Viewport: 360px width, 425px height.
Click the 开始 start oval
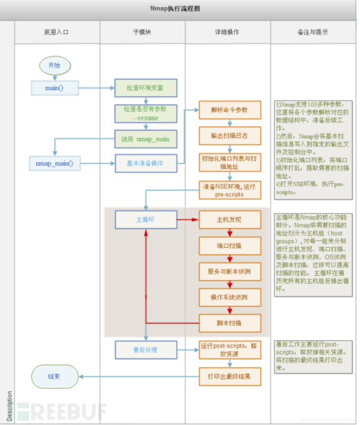(54, 65)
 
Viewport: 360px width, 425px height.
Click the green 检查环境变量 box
(145, 88)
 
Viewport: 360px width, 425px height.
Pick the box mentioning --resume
(145, 113)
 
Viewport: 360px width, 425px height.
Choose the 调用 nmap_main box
(145, 138)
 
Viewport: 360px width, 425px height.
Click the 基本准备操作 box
(145, 163)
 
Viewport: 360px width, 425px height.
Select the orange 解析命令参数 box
(229, 109)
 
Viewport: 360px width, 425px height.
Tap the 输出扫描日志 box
(229, 136)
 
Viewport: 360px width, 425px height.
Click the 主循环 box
(145, 219)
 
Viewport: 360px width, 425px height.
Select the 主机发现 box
(229, 219)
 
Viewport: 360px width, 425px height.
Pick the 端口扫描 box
(229, 246)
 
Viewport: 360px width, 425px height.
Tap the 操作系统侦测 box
(229, 297)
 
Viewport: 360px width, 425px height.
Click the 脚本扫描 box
(229, 323)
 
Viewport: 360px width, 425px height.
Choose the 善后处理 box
(145, 350)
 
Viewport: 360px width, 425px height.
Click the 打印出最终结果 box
(229, 376)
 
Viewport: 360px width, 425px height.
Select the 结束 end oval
(54, 376)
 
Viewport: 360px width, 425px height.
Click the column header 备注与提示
(315, 32)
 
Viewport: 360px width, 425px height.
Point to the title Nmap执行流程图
(179, 8)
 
